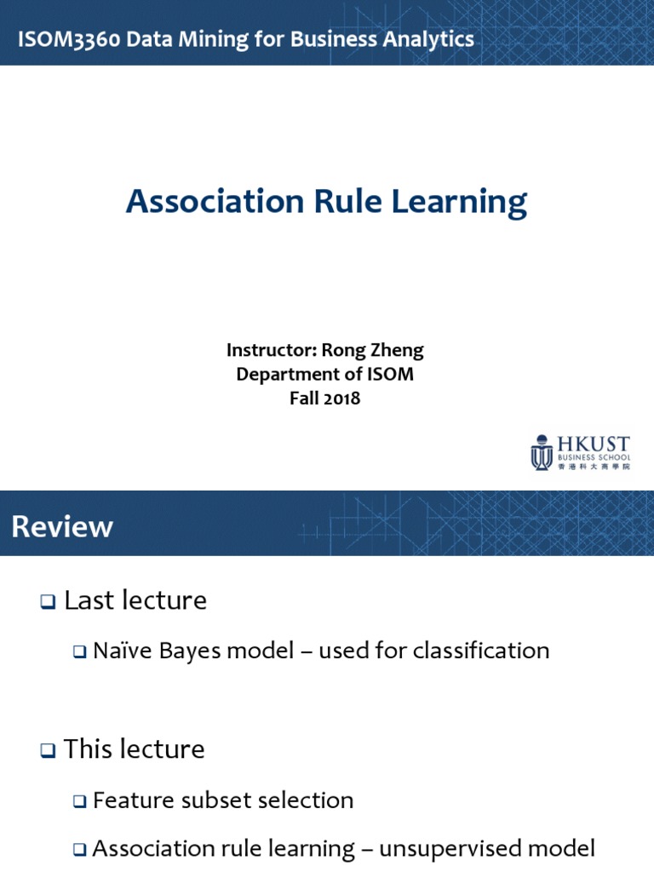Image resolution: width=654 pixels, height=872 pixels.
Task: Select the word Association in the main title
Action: pyautogui.click(x=215, y=202)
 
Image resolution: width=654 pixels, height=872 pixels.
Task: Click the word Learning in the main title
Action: pyautogui.click(x=461, y=202)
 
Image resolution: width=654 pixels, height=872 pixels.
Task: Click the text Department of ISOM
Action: pyautogui.click(x=324, y=374)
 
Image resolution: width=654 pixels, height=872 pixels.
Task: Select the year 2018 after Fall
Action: pyautogui.click(x=341, y=398)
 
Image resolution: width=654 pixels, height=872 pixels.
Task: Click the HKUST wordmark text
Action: pyautogui.click(x=593, y=444)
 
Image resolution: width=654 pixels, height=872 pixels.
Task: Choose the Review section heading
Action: pyautogui.click(x=62, y=526)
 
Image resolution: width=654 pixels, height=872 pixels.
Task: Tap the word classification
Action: pyautogui.click(x=481, y=651)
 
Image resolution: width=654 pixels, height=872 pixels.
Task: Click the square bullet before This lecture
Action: pyautogui.click(x=47, y=751)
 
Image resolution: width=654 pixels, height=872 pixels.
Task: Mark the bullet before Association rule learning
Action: pyautogui.click(x=80, y=850)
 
